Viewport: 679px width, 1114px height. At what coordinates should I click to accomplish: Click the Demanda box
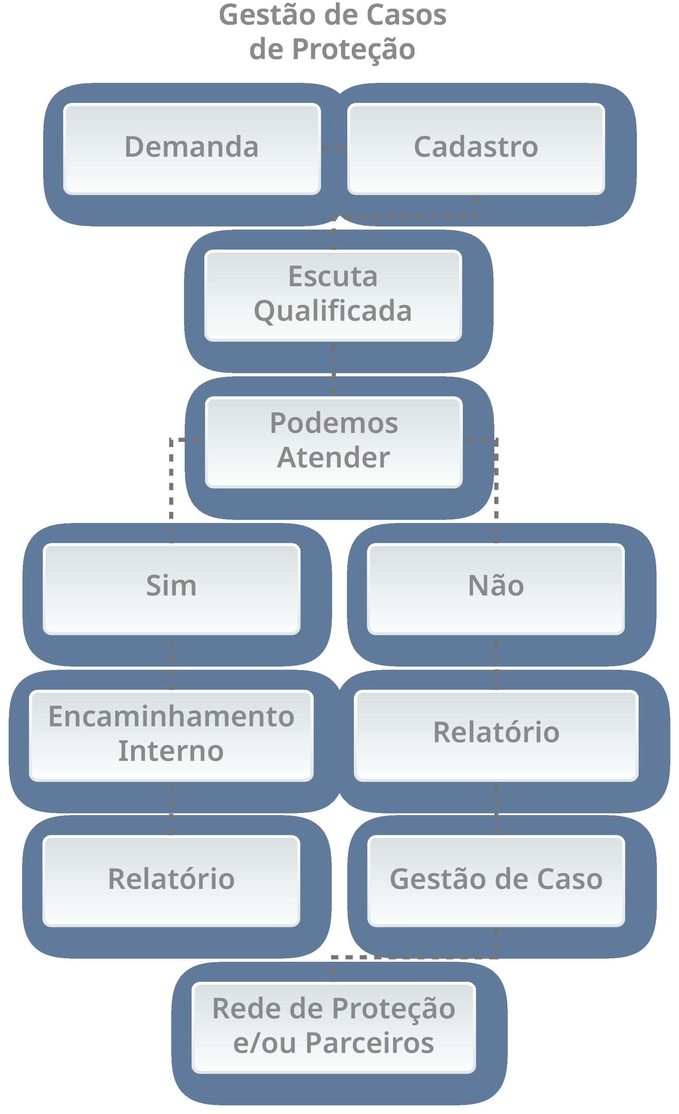pyautogui.click(x=192, y=149)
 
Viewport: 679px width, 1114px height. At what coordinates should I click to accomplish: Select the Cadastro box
pyautogui.click(x=476, y=149)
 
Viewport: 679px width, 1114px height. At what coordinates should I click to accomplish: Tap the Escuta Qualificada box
pyautogui.click(x=333, y=295)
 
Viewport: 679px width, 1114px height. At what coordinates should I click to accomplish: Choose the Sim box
pyautogui.click(x=171, y=589)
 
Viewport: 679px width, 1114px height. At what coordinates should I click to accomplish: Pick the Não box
pyautogui.click(x=496, y=589)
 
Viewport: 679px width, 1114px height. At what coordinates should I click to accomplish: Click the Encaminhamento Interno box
pyautogui.click(x=171, y=736)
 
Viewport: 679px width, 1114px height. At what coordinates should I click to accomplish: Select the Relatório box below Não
pyautogui.click(x=496, y=736)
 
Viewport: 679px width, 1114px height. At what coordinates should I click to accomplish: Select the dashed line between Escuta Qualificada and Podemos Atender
pyautogui.click(x=333, y=368)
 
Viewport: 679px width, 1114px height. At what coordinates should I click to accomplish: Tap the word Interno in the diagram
pyautogui.click(x=171, y=752)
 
